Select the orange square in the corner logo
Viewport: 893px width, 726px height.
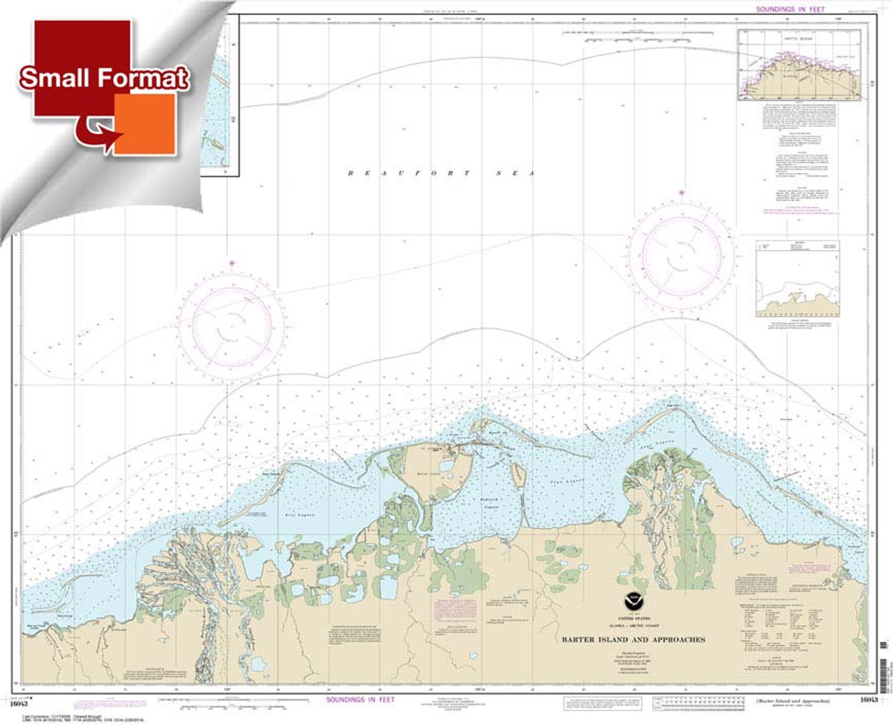[x=144, y=123]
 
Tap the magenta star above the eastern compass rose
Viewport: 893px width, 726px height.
[x=681, y=192]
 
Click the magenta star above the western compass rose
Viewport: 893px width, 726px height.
[x=231, y=264]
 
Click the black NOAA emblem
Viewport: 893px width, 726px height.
[x=633, y=598]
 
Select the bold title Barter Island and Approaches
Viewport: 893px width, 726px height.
[x=633, y=640]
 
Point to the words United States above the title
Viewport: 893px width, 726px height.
[x=633, y=619]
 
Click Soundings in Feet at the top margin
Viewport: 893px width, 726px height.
[x=790, y=9]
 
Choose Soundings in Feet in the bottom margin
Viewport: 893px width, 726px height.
[x=360, y=699]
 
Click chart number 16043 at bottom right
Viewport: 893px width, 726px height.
[x=868, y=699]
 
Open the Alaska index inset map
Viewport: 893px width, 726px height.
[x=799, y=65]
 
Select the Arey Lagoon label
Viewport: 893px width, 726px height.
[x=299, y=515]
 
